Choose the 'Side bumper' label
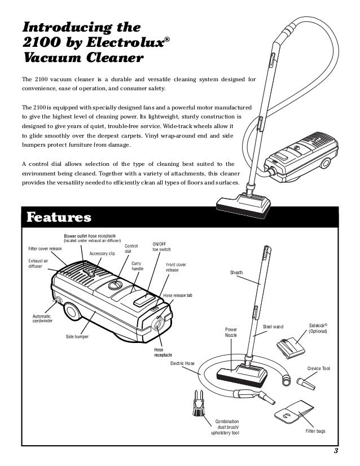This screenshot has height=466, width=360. pyautogui.click(x=77, y=337)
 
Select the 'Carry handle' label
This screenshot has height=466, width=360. pyautogui.click(x=138, y=266)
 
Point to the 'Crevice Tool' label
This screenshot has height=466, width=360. pyautogui.click(x=318, y=368)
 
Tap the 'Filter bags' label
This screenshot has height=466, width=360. pyautogui.click(x=315, y=431)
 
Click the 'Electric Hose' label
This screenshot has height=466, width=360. pyautogui.click(x=182, y=363)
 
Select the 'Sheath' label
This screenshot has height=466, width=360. pyautogui.click(x=236, y=272)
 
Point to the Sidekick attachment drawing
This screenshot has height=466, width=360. pyautogui.click(x=292, y=345)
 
